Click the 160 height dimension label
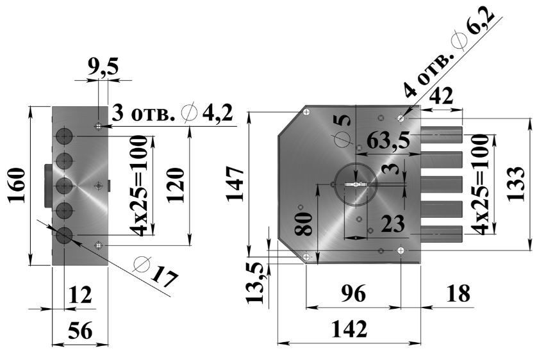pyautogui.click(x=17, y=186)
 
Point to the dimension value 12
pyautogui.click(x=80, y=295)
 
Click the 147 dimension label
pyautogui.click(x=236, y=184)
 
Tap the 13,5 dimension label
pyautogui.click(x=258, y=282)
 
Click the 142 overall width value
pyautogui.click(x=349, y=329)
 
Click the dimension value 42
pyautogui.click(x=442, y=96)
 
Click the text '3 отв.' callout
pyautogui.click(x=144, y=115)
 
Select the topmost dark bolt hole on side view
pyautogui.click(x=63, y=136)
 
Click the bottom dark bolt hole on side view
pyautogui.click(x=63, y=236)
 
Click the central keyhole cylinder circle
pyautogui.click(x=355, y=184)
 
